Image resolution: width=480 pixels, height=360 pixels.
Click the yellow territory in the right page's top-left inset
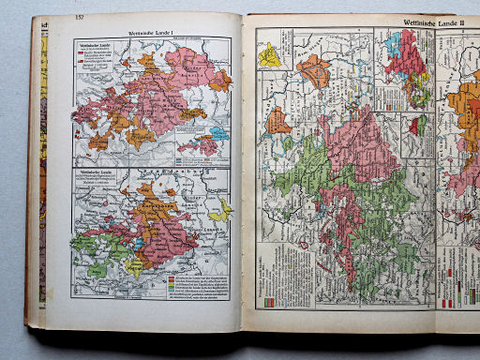[x=270, y=55]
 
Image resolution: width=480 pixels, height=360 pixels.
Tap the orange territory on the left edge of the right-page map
[x=278, y=121]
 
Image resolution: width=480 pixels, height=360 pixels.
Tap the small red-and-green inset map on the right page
[x=418, y=126]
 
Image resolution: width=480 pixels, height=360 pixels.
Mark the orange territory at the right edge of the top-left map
[x=221, y=81]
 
